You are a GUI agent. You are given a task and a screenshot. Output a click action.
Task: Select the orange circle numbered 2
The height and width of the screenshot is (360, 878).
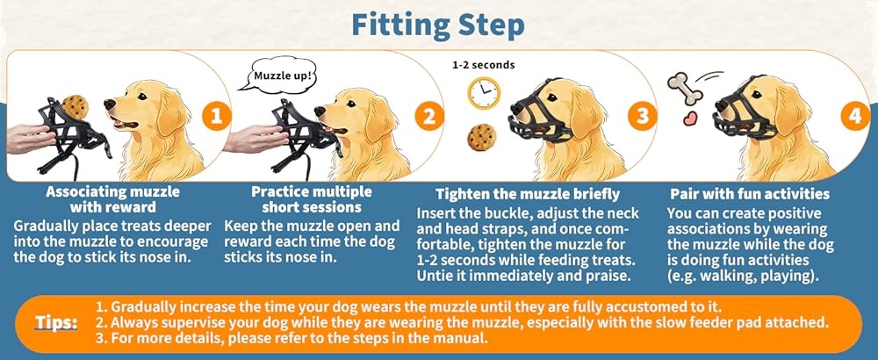[x=428, y=115]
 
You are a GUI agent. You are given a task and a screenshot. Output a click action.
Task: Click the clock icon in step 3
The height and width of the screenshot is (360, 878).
[x=483, y=93]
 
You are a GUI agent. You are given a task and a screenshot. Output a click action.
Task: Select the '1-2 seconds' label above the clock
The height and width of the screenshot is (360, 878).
[x=483, y=65]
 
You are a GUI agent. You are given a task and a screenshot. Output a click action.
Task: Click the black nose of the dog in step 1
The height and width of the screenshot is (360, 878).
[x=109, y=104]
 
